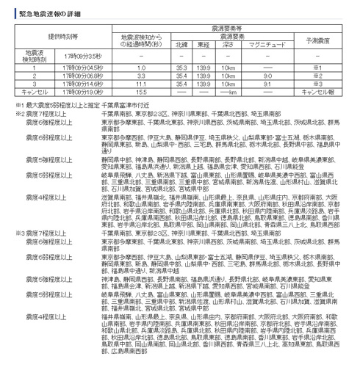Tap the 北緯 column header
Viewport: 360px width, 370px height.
(182, 43)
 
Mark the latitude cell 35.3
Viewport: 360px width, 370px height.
(182, 68)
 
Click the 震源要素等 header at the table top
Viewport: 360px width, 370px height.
(233, 25)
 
